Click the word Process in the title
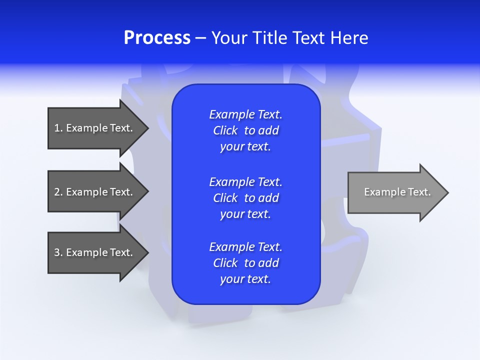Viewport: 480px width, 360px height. coord(157,38)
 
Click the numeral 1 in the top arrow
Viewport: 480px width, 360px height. coord(57,128)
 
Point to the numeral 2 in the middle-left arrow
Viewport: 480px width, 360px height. coord(57,192)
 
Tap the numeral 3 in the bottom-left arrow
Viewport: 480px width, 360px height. coord(57,252)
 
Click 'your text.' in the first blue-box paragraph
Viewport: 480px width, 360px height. coord(245,147)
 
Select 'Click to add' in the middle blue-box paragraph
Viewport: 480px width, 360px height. coord(245,198)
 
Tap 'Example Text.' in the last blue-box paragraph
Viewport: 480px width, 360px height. coord(245,247)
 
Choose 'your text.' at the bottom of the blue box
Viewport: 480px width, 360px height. coord(245,279)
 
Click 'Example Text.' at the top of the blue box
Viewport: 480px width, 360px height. coord(245,114)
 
